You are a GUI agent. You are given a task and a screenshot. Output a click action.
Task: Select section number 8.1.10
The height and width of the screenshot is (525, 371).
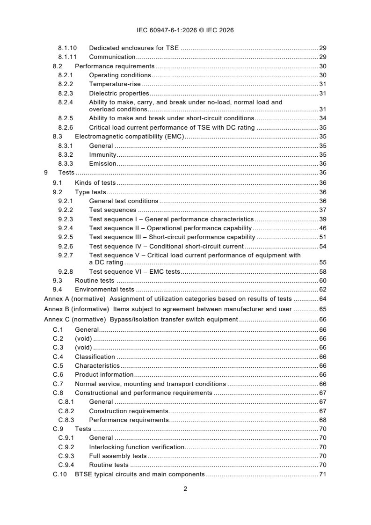pos(67,48)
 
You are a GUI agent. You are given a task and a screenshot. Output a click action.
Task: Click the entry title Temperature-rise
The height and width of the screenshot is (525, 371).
pos(115,84)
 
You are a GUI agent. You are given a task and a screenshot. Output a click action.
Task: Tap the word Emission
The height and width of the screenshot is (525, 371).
pos(102,163)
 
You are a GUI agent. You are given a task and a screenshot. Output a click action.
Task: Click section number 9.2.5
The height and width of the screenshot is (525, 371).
pos(65,237)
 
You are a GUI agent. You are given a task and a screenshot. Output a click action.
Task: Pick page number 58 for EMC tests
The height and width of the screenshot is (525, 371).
pos(322,271)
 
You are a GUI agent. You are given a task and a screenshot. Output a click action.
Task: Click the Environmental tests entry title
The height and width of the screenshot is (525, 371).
pos(105,290)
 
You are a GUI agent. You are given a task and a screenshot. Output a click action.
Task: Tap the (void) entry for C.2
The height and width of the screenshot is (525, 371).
pos(83,338)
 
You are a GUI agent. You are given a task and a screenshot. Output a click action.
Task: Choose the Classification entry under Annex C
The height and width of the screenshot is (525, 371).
pos(95,357)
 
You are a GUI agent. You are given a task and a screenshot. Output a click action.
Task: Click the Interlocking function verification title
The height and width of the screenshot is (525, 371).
pos(137,447)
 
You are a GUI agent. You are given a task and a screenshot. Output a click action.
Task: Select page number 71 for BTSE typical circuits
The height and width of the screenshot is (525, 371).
pos(322,474)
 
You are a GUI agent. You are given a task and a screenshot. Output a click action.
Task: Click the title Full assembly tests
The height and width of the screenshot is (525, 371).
pos(117,456)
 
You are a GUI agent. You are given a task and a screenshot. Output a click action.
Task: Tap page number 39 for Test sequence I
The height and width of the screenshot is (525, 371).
pos(322,219)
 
